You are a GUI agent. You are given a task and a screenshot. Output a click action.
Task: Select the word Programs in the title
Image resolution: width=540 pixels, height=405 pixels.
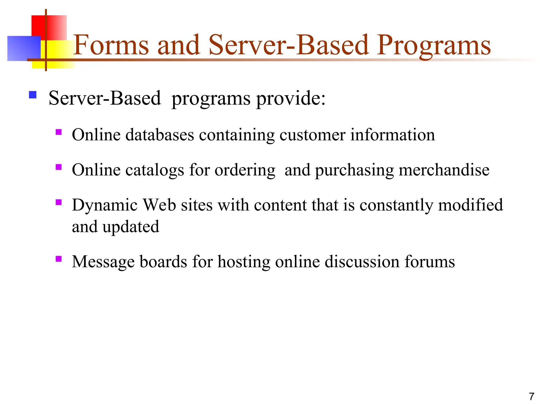click(433, 45)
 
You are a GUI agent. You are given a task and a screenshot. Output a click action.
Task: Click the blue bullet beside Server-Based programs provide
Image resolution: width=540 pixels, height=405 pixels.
click(33, 95)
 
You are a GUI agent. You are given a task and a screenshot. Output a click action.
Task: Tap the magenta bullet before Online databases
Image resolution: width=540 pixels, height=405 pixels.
click(59, 132)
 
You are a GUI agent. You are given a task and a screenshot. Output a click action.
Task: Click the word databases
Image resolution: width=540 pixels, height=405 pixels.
click(160, 135)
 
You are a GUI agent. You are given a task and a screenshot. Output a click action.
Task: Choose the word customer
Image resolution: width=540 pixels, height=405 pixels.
click(312, 135)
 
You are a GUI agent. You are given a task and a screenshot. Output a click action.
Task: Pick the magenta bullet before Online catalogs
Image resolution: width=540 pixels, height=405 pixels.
click(59, 167)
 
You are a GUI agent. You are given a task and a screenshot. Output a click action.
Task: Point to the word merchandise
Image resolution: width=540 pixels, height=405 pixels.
click(444, 170)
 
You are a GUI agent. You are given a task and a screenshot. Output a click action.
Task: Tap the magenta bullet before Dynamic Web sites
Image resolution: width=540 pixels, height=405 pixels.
click(59, 202)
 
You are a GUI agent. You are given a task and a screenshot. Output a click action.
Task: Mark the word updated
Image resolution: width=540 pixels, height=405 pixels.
click(131, 227)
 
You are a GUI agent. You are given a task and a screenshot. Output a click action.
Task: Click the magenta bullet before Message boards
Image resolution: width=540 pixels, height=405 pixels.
click(59, 259)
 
